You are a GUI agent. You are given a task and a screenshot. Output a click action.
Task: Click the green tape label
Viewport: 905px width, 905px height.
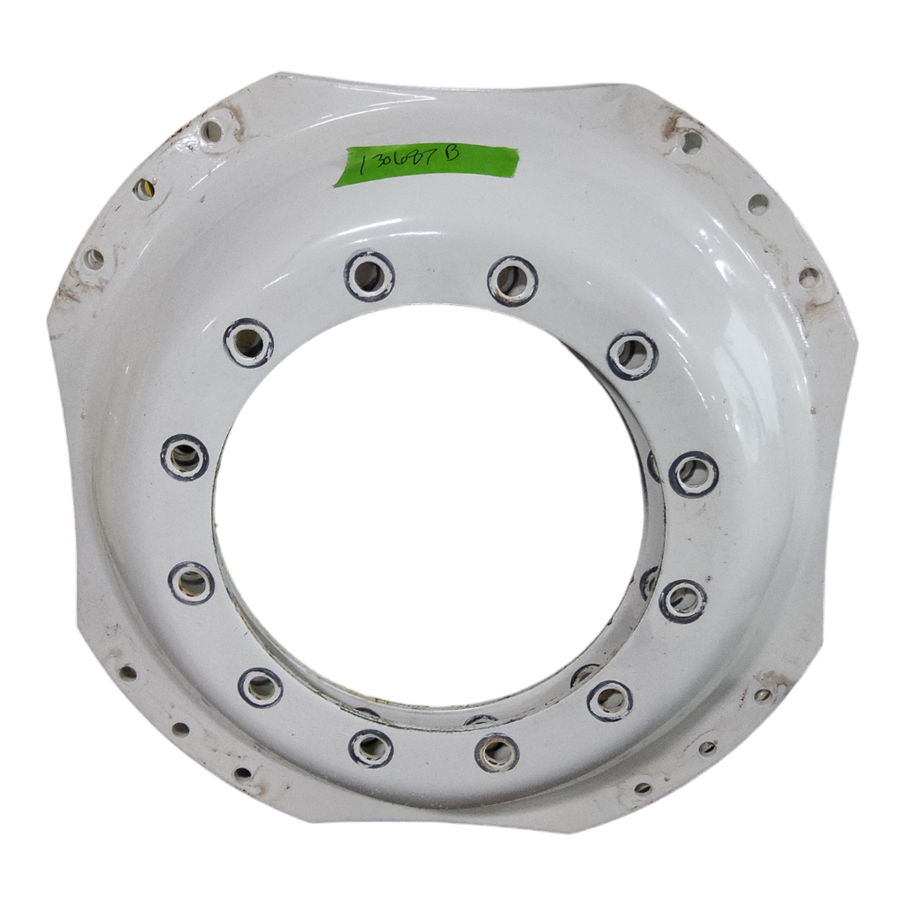[x=427, y=164]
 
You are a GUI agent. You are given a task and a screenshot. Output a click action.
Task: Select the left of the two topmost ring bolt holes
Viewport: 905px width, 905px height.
[x=369, y=276]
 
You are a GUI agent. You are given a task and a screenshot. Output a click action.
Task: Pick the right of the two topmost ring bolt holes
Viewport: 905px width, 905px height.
[x=513, y=281]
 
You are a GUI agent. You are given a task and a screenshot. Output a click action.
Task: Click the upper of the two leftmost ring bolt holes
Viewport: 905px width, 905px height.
[x=185, y=457]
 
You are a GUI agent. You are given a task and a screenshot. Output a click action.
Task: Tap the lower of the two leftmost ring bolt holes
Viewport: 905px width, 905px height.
[x=191, y=582]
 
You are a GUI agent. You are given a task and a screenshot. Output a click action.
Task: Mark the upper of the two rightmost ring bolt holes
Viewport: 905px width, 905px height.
[x=694, y=474]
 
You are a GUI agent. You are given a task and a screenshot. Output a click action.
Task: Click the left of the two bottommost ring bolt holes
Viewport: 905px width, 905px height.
[x=371, y=748]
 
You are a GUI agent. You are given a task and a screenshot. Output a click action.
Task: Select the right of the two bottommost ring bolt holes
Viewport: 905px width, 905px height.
[x=497, y=753]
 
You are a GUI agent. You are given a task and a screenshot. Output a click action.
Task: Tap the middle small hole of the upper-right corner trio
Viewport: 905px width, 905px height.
[x=758, y=204]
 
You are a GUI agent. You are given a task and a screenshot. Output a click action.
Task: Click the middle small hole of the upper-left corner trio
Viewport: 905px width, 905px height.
[x=144, y=189]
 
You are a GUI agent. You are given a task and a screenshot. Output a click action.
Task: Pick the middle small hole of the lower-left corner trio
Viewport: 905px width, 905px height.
[x=181, y=729]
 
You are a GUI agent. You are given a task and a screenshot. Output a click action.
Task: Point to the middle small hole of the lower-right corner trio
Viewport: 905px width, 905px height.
[x=707, y=748]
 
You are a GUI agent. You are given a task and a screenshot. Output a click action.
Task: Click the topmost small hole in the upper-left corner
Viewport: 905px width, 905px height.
[x=212, y=132]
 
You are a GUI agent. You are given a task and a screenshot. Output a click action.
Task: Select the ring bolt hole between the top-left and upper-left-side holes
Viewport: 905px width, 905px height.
[x=248, y=343]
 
